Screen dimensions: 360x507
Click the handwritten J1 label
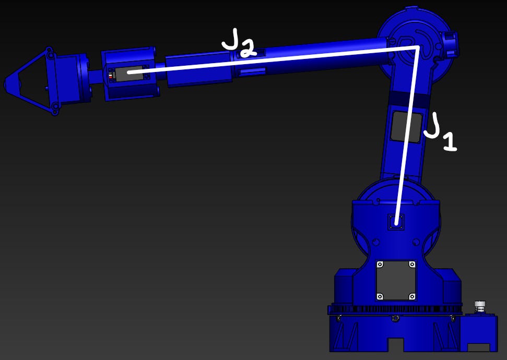click(440, 133)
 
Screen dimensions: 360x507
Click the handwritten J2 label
click(239, 43)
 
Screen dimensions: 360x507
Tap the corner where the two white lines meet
click(417, 47)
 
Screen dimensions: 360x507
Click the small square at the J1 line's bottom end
click(396, 222)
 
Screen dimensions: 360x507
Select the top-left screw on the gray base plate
click(380, 265)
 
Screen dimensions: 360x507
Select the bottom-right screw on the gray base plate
click(412, 296)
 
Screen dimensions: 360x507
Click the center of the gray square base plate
click(396, 281)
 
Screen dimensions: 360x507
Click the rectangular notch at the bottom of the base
click(396, 345)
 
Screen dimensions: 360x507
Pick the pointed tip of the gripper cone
click(7, 83)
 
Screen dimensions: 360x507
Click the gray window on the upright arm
click(406, 126)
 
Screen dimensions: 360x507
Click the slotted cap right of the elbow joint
click(450, 44)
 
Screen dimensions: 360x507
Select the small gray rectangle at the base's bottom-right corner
click(478, 347)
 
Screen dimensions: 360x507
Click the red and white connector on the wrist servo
click(111, 75)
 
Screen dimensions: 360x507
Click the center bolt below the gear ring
click(395, 318)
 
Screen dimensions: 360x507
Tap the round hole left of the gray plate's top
click(375, 242)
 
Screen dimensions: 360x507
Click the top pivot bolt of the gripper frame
click(50, 54)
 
